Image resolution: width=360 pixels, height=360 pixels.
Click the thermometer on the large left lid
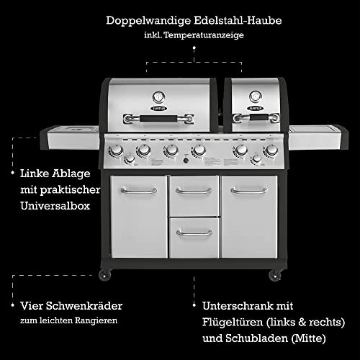[x=158, y=97]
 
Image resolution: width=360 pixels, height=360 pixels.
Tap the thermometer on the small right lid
[x=256, y=96]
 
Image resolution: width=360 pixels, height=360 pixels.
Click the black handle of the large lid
[x=158, y=118]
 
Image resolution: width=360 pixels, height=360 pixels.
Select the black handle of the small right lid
[x=259, y=117]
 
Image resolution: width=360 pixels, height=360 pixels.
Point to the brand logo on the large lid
[x=158, y=109]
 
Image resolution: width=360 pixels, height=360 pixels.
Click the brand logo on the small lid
[x=256, y=108]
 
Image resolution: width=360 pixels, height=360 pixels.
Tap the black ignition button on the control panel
[x=186, y=161]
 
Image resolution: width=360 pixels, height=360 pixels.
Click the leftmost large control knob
[x=117, y=150]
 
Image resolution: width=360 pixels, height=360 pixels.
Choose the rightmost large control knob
[x=271, y=150]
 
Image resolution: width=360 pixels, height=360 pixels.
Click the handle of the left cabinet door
[x=139, y=191]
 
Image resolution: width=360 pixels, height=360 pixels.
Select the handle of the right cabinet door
[x=249, y=191]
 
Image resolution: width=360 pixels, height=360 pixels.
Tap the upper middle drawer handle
[x=194, y=191]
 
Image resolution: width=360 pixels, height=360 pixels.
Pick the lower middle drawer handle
[x=194, y=233]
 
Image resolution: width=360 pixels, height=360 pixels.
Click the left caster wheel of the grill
[x=105, y=275]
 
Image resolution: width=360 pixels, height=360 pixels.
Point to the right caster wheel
[x=275, y=275]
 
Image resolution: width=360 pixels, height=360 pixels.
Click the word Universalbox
[x=55, y=206]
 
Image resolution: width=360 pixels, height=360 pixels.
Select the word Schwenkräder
[x=84, y=306]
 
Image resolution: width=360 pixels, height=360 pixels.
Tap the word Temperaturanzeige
[x=204, y=35]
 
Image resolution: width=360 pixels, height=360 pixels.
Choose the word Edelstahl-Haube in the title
[x=238, y=20]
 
